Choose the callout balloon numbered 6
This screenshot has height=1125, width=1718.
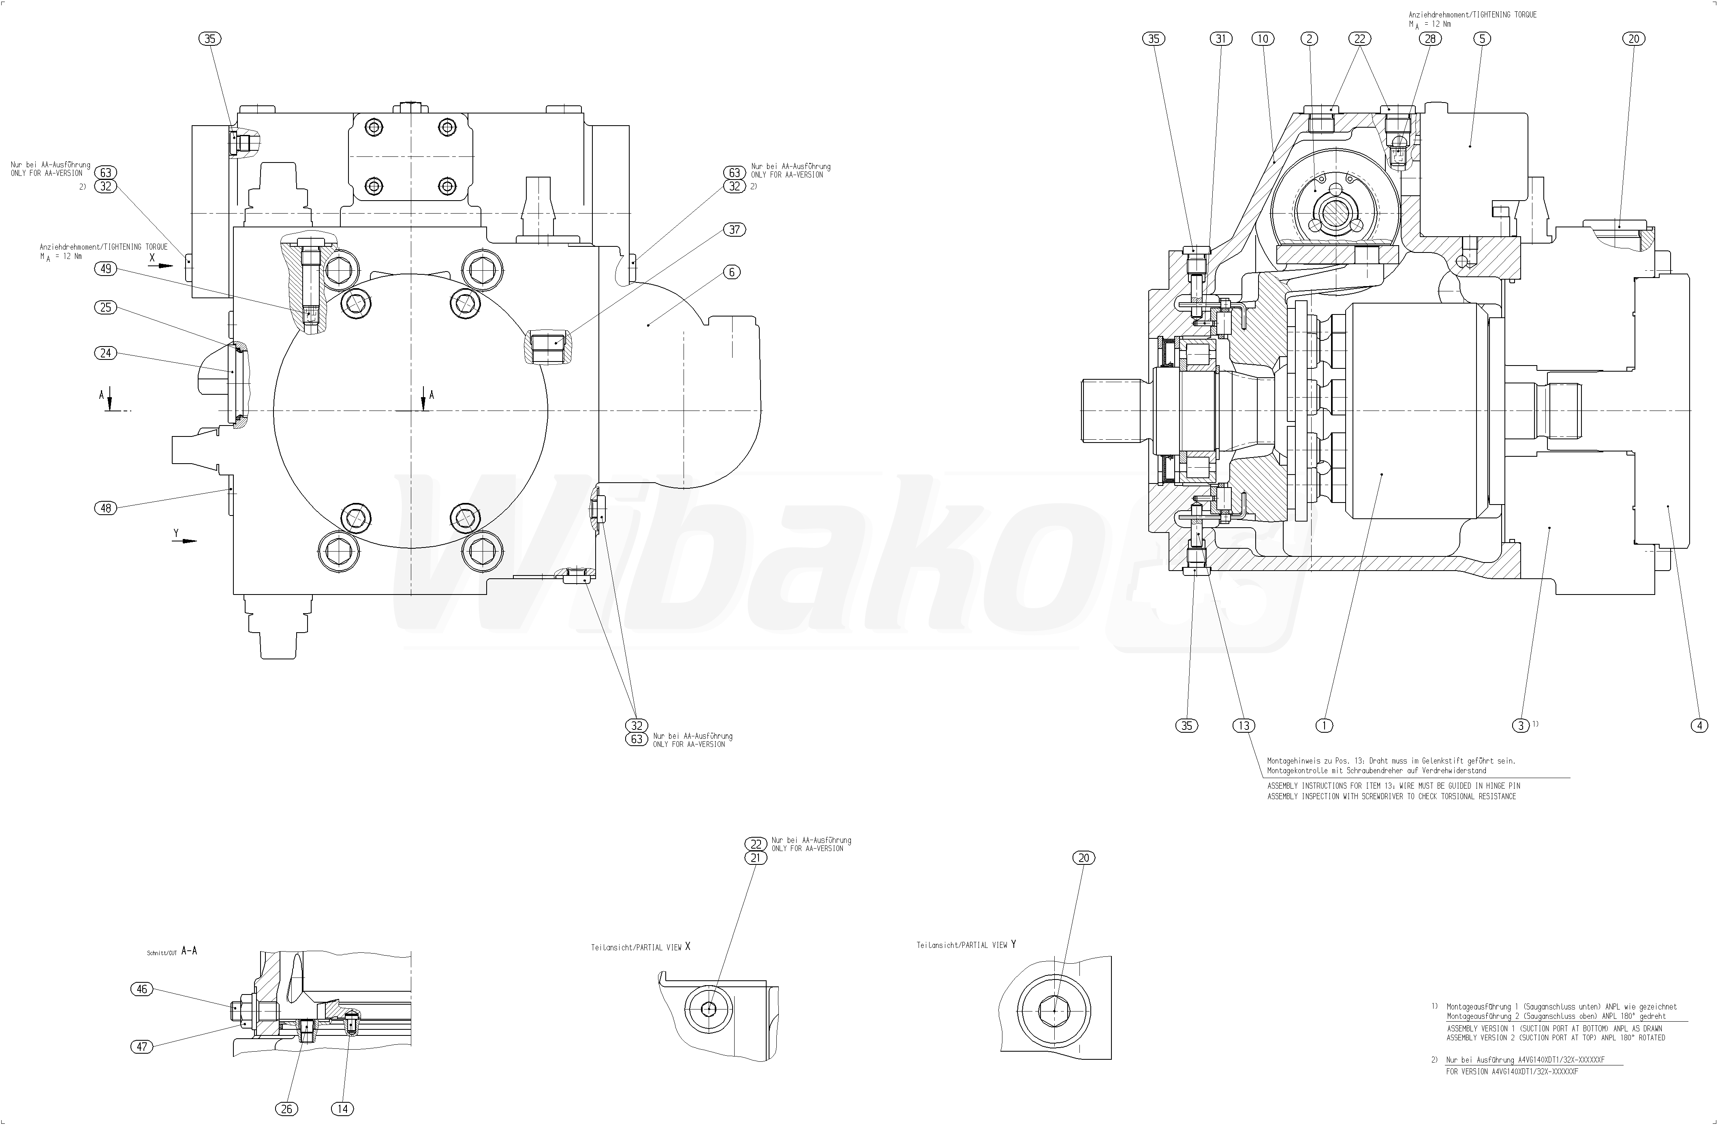[x=732, y=272]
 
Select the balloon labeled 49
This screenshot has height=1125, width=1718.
[x=106, y=269]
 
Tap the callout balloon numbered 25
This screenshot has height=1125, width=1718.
[x=106, y=308]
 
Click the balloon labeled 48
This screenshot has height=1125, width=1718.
[x=106, y=508]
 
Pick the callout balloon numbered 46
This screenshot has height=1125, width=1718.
[x=142, y=989]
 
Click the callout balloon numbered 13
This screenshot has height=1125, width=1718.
[x=1244, y=726]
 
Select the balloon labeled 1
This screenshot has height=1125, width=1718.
[x=1324, y=726]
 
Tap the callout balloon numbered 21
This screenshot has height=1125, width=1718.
[x=756, y=858]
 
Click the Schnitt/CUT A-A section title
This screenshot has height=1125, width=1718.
[x=172, y=951]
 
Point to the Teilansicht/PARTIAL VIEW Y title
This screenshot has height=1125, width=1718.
[x=966, y=945]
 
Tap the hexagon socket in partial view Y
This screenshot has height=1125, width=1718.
[x=1055, y=1010]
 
